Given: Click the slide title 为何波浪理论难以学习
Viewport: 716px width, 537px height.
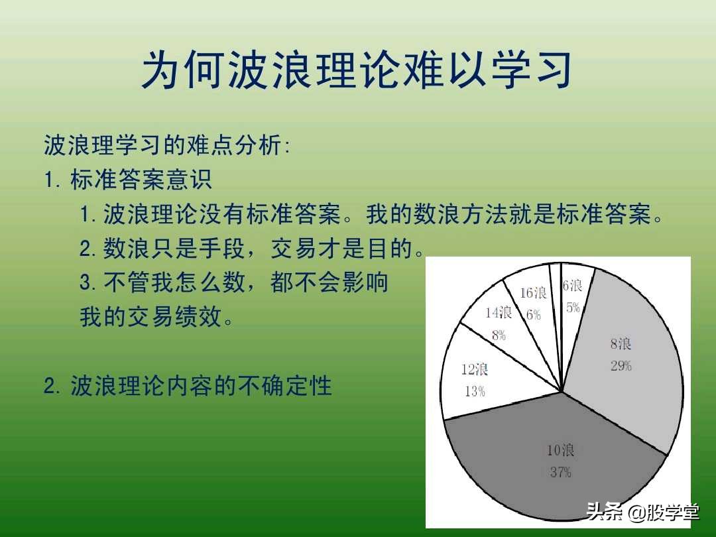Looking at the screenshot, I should click(357, 70).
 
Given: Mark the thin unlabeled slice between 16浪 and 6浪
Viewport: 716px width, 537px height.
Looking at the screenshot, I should click(556, 292).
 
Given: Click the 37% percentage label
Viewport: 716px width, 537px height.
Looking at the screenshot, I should click(560, 473).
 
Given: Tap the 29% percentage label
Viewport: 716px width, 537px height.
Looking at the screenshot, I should click(621, 365).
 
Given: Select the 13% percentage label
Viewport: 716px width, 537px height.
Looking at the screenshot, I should click(475, 391).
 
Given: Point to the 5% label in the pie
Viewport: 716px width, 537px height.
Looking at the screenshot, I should click(573, 307).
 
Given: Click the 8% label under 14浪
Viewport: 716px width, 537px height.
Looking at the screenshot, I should click(499, 335).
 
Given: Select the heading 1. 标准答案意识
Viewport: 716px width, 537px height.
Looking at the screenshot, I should click(129, 180).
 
